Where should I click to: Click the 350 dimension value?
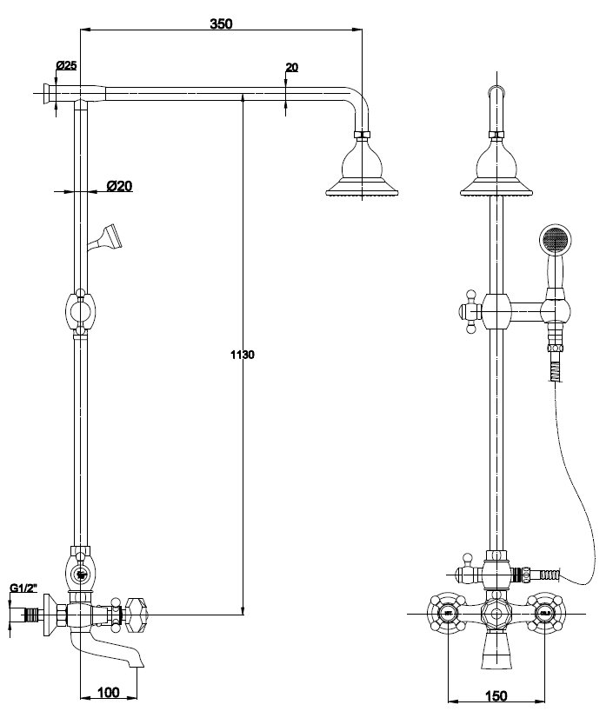point(221,23)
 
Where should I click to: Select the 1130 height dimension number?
point(243,355)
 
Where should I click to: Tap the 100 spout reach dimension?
point(109,692)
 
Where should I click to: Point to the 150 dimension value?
point(496,696)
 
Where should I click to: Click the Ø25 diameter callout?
point(66,65)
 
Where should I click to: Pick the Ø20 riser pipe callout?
point(120,186)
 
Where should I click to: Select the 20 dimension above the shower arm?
point(292,67)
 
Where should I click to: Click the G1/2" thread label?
point(23,588)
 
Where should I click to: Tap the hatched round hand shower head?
point(555,239)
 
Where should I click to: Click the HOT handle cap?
point(447,613)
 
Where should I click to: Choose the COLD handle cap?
point(544,613)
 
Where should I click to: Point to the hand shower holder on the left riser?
point(105,237)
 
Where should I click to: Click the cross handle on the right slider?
point(470,312)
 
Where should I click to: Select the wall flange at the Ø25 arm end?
point(46,95)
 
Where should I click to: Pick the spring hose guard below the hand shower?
point(556,372)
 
